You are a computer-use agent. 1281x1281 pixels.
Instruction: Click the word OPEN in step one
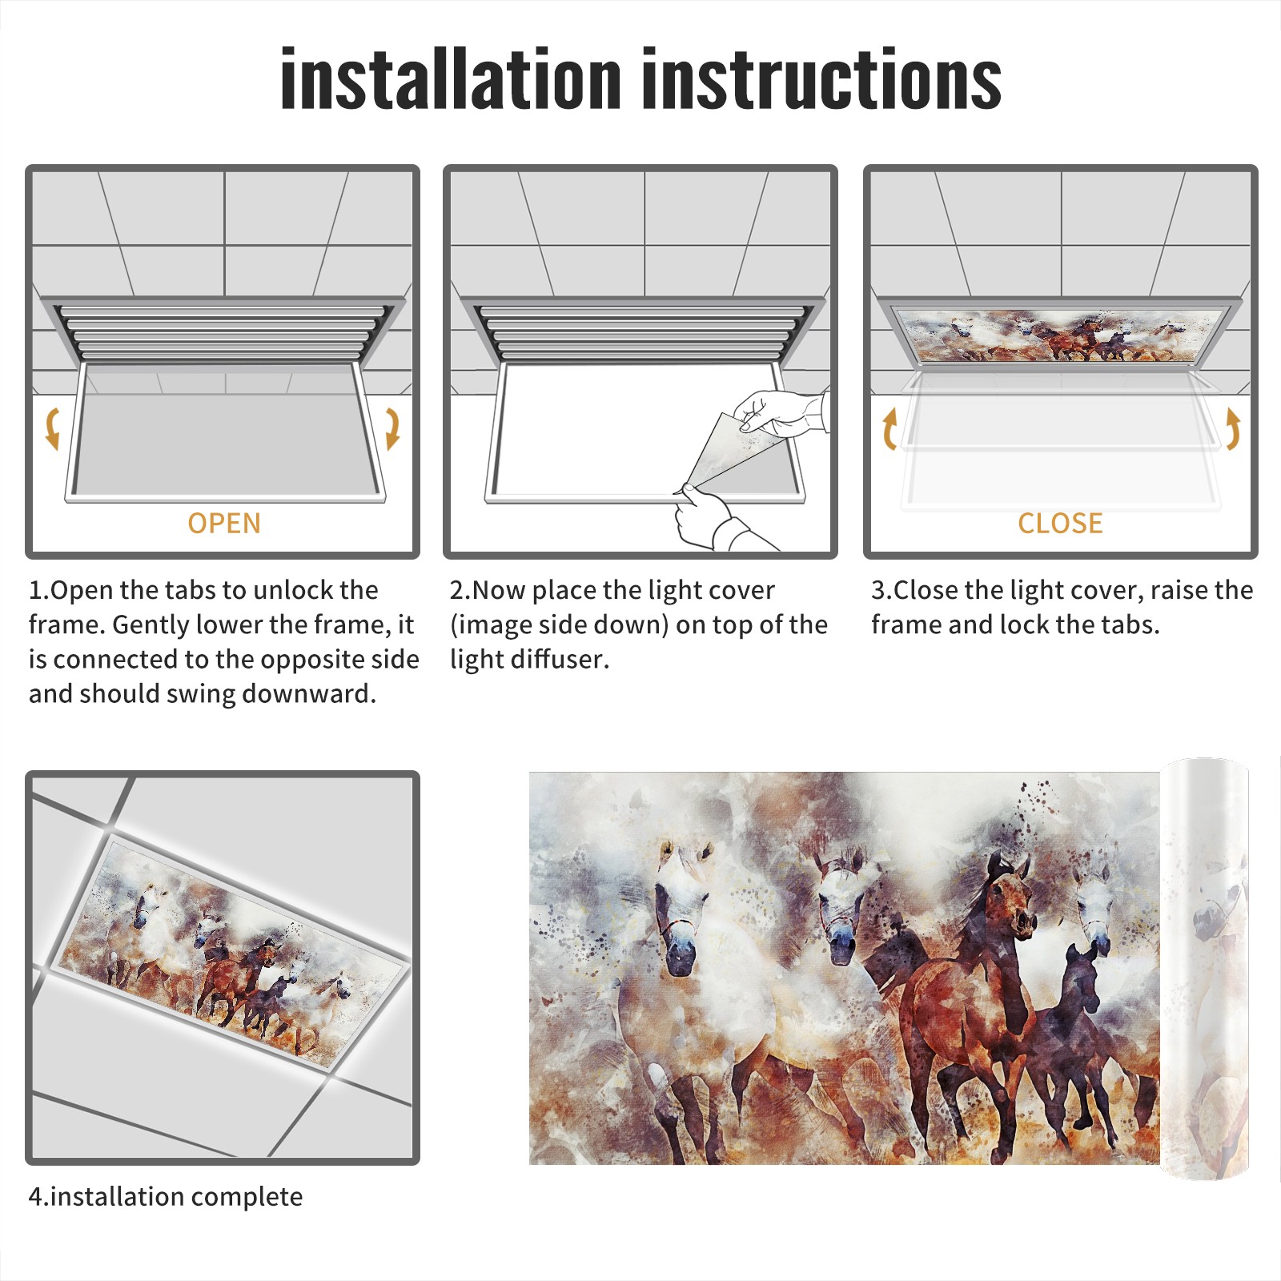pyautogui.click(x=224, y=523)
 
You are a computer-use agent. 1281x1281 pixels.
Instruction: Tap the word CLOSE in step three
pyautogui.click(x=1060, y=523)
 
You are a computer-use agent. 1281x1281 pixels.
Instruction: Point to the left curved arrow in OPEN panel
pyautogui.click(x=51, y=428)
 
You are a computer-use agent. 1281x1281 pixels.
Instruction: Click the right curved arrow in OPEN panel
pyautogui.click(x=393, y=428)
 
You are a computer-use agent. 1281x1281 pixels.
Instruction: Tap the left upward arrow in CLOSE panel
pyautogui.click(x=889, y=428)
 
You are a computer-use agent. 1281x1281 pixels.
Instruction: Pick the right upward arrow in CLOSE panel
pyautogui.click(x=1233, y=428)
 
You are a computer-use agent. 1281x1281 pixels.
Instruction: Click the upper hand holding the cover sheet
pyautogui.click(x=781, y=412)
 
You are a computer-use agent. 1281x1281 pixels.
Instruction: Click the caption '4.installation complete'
pyautogui.click(x=166, y=1197)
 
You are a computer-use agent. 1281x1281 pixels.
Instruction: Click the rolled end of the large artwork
pyautogui.click(x=1205, y=969)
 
